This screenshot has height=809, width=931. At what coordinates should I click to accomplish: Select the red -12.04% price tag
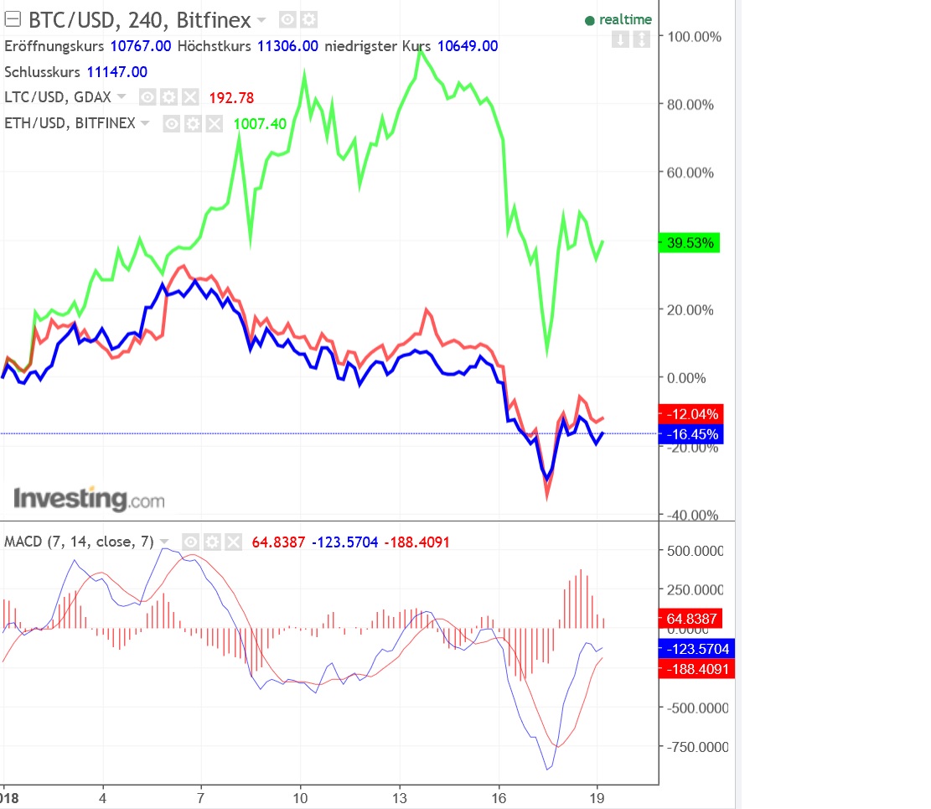coord(690,414)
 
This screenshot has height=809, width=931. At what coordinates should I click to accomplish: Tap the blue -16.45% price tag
coord(690,434)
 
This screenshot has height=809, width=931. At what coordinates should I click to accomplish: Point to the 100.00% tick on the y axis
coord(690,37)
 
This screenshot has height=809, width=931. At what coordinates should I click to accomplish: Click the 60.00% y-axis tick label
coord(690,174)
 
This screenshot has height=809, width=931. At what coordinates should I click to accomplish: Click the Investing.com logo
coord(89,500)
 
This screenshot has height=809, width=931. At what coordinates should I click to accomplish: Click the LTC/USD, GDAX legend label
coord(58,97)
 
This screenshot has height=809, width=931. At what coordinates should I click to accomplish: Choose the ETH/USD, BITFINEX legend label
coord(70,124)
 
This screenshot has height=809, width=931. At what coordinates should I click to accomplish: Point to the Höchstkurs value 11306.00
coord(287,46)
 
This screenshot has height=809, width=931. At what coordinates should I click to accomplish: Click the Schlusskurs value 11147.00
coord(116,72)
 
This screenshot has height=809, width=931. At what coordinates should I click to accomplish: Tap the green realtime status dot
coord(589,20)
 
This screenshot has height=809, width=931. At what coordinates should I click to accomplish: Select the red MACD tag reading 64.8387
coord(692,620)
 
